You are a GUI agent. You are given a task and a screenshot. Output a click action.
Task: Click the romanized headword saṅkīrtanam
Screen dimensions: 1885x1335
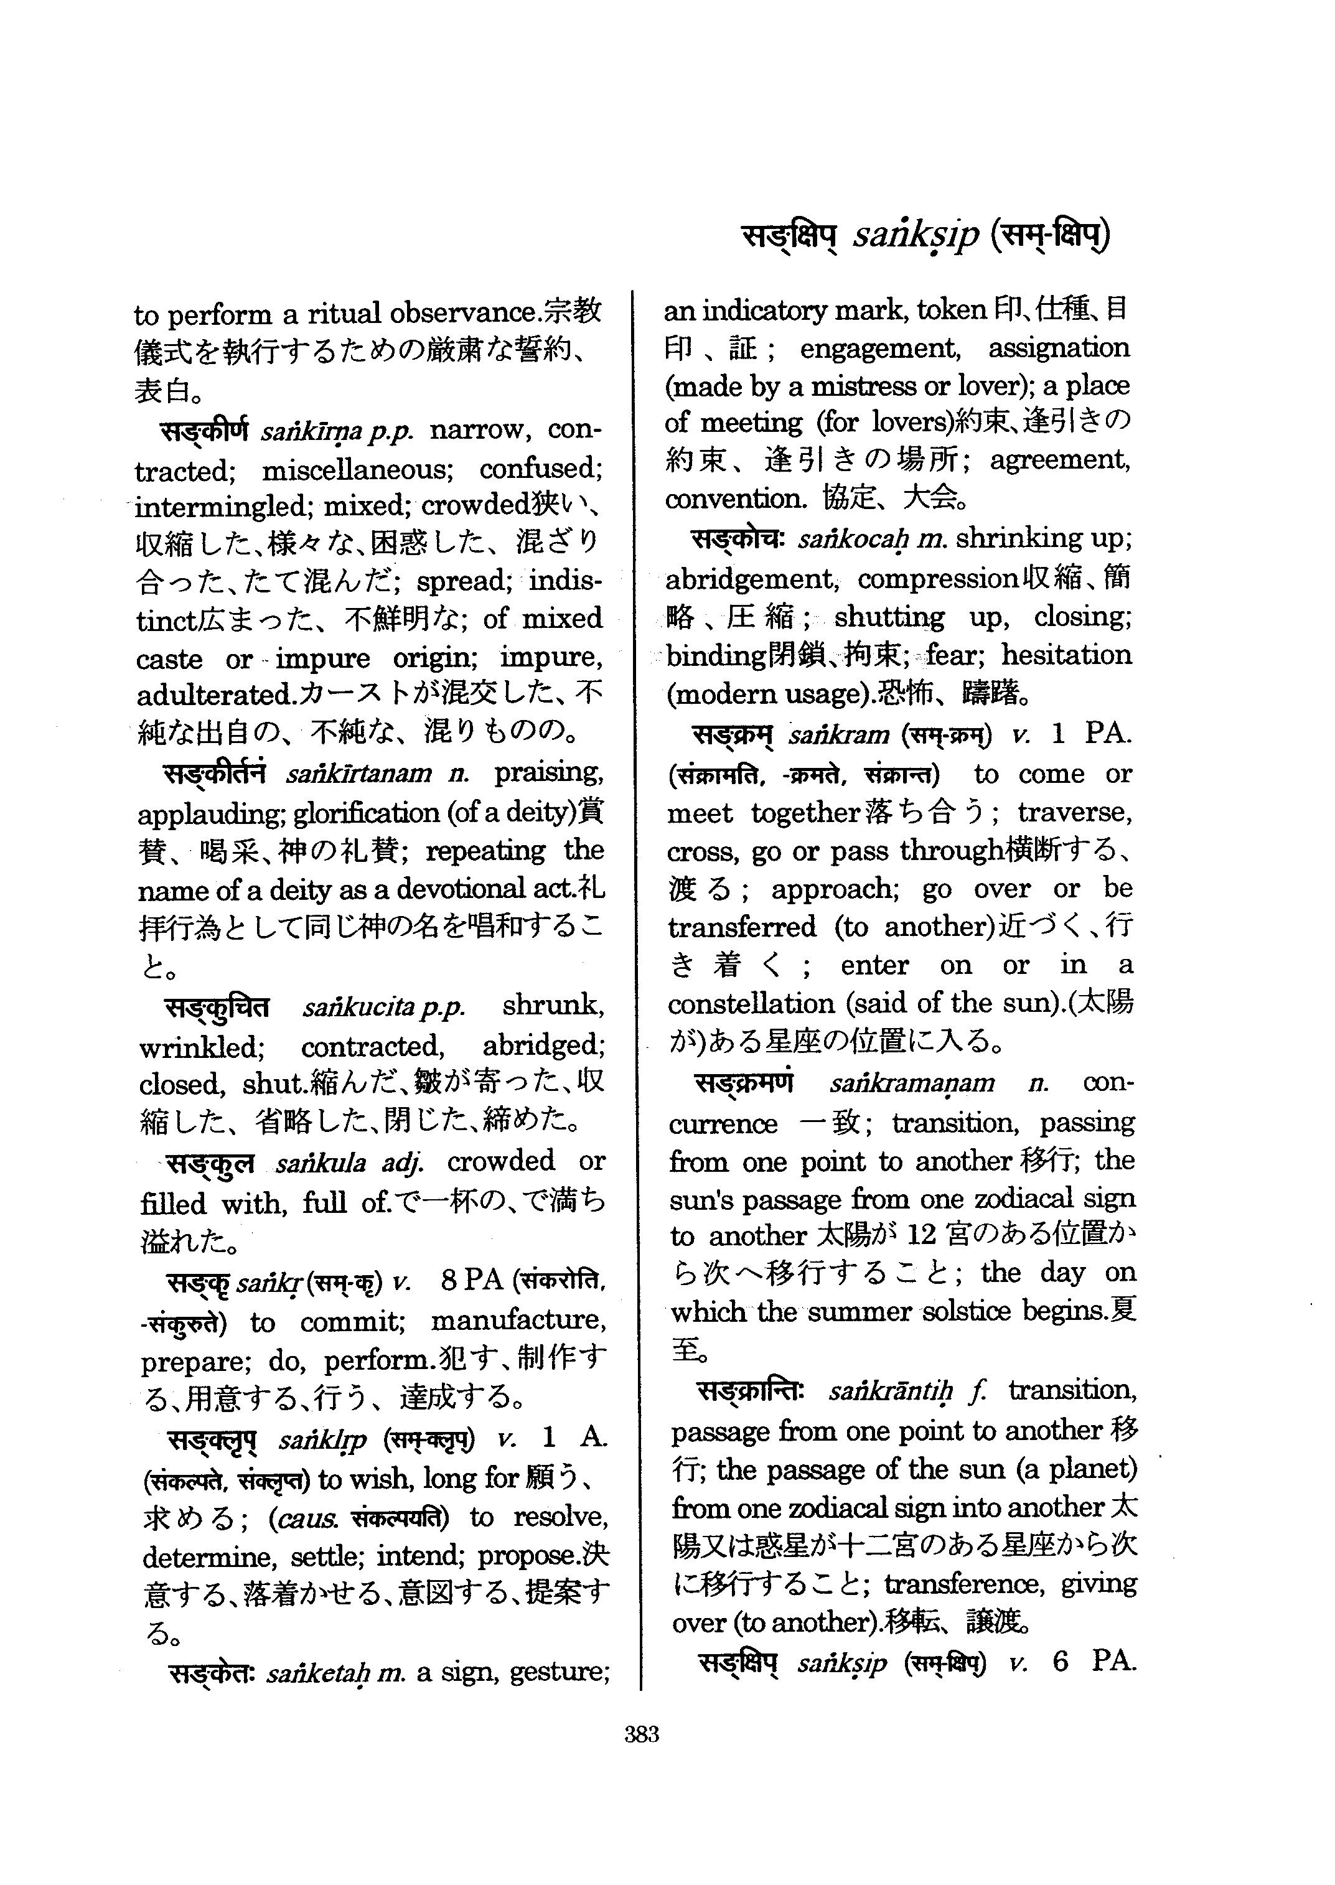coord(358,774)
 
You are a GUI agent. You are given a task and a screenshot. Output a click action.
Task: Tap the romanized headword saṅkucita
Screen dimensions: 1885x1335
coord(358,1007)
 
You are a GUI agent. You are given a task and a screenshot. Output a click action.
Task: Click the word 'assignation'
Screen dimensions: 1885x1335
coord(1059,348)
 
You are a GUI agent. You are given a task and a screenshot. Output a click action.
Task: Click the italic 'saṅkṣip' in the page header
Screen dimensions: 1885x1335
coord(916,236)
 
